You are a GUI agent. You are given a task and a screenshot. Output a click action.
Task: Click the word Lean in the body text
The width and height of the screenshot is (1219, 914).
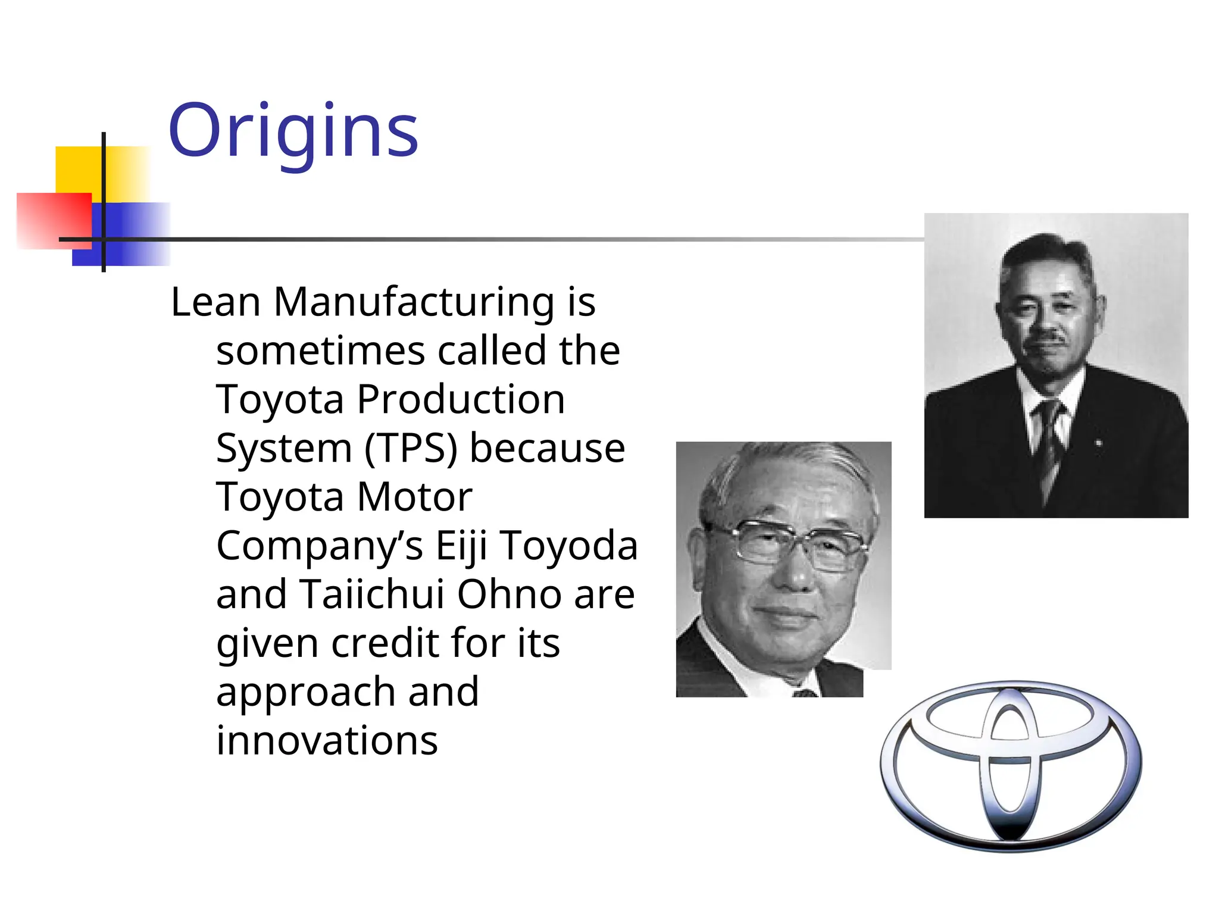click(x=215, y=302)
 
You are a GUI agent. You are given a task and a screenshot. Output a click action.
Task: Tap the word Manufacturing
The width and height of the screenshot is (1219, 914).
click(x=414, y=302)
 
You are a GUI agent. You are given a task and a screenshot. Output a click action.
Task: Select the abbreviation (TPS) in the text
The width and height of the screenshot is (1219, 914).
click(x=411, y=448)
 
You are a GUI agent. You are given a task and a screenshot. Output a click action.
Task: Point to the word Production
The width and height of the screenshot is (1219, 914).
click(x=461, y=399)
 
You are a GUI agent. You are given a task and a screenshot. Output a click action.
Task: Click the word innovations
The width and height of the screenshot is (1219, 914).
click(x=327, y=741)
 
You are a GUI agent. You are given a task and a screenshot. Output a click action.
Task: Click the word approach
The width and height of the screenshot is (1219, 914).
click(x=306, y=692)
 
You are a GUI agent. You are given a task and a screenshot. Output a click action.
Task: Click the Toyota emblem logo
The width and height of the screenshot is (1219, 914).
click(x=1010, y=766)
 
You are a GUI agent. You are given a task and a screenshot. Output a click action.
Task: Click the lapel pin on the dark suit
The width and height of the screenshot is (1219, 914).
click(x=1098, y=443)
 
